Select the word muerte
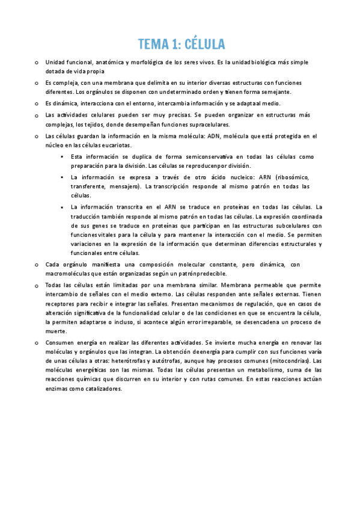click(56, 332)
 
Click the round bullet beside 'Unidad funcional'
click(37, 62)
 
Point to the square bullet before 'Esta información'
click(63, 157)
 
